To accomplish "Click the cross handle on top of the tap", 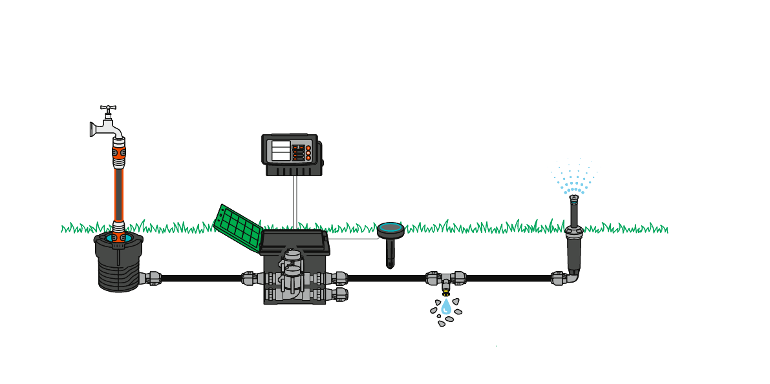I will (x=108, y=108).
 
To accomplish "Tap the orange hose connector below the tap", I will (x=118, y=153).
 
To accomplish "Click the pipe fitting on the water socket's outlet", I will (x=152, y=278).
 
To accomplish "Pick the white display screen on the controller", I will (x=281, y=151).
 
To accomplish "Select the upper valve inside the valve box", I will (x=293, y=261).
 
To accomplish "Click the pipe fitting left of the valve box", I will (x=251, y=278).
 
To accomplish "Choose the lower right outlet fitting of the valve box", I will (x=339, y=294).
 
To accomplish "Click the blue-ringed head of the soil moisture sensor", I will (x=390, y=228).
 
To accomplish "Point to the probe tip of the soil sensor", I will (x=390, y=264).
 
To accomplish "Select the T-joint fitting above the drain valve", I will (x=446, y=278).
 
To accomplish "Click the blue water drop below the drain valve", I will (x=446, y=308).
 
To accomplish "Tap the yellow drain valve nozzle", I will (x=446, y=293).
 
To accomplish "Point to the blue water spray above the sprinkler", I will (x=573, y=177).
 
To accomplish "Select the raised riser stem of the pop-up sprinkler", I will (x=573, y=210).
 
